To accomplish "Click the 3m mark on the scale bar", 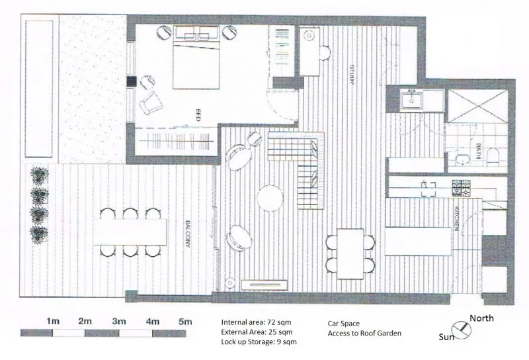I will coord(119,321).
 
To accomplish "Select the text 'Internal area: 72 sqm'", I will coord(258,321).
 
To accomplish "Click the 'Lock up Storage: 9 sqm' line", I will coord(259,341).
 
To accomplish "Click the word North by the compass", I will coord(481,318).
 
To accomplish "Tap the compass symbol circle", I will coord(459,329).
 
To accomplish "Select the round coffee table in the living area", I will coord(270,197).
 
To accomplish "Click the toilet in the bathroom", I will coord(491,156).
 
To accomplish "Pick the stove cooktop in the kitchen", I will coord(462,188).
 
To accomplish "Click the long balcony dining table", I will coord(130,232).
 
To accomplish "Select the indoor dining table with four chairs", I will coord(350,253).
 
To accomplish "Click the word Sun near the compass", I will coord(447,337).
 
